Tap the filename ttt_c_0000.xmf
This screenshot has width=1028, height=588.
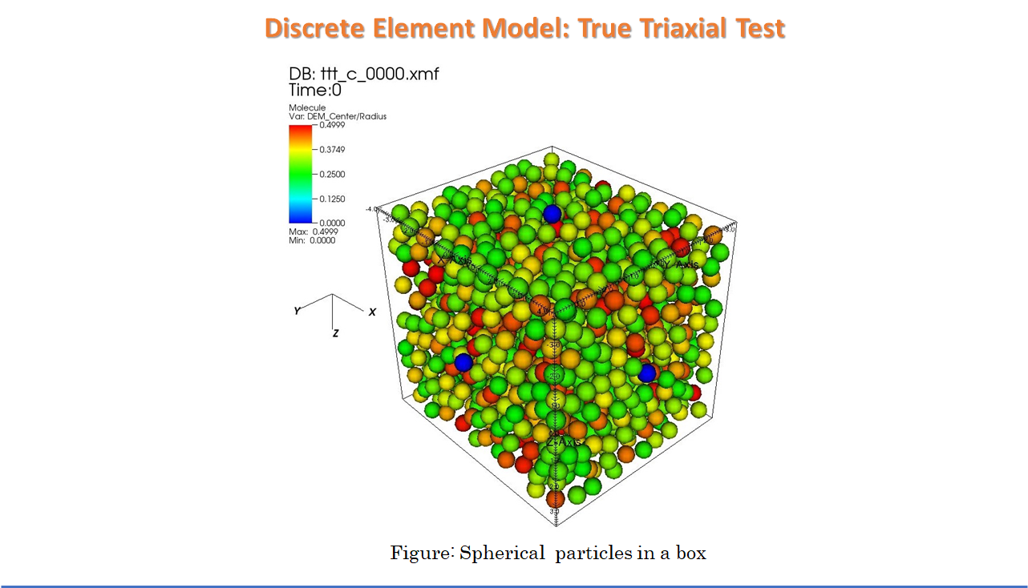[x=386, y=75]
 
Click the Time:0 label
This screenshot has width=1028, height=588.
[x=315, y=90]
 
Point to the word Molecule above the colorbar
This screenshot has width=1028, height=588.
[x=307, y=107]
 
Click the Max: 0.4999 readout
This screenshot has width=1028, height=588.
[x=312, y=232]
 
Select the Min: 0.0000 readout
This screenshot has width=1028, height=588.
[x=312, y=240]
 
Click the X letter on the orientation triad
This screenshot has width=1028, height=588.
[x=372, y=312]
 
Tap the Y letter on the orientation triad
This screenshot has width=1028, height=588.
[x=297, y=310]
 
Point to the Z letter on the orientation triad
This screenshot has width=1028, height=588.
[x=335, y=332]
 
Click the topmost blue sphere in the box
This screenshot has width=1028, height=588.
[x=552, y=213]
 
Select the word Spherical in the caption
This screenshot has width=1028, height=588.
[x=490, y=554]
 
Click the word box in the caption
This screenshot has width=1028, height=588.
[x=690, y=554]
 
